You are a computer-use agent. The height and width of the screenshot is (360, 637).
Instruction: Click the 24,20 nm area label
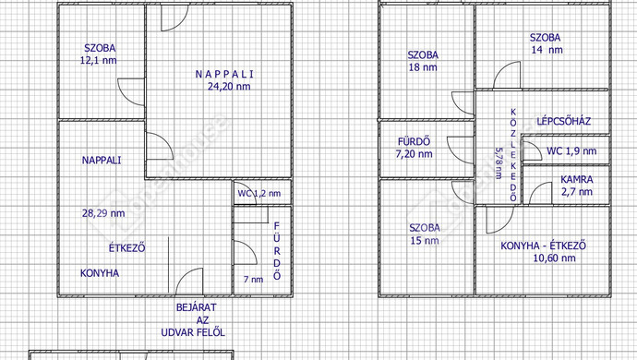(229, 87)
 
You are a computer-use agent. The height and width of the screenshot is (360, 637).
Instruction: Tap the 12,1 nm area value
(98, 61)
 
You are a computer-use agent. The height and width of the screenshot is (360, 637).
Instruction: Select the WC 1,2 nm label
(259, 194)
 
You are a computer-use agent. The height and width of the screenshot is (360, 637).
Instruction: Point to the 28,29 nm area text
(103, 213)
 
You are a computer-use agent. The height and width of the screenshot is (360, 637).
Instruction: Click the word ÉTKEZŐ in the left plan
(126, 247)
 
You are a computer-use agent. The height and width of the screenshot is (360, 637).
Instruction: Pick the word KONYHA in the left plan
(100, 273)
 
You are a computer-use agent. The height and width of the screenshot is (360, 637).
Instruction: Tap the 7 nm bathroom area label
(254, 280)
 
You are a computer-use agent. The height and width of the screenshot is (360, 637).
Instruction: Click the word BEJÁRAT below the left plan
(197, 307)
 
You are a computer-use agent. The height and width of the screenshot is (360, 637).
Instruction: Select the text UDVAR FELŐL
(193, 332)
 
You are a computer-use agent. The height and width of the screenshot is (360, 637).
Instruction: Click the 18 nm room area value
(423, 67)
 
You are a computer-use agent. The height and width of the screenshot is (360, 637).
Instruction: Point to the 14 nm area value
(547, 50)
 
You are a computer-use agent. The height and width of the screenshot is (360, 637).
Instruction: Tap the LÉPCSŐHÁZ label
(564, 121)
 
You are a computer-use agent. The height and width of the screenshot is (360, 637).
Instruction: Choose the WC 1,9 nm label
(571, 151)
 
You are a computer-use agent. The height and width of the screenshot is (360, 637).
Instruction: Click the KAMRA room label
(577, 180)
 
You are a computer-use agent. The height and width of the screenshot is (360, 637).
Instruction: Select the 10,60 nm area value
(554, 258)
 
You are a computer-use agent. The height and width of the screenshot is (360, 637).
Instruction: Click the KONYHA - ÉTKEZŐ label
(543, 246)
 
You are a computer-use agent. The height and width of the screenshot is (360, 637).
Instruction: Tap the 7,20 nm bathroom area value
(414, 154)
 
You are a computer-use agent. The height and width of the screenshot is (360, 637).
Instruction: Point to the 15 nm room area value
(425, 241)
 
